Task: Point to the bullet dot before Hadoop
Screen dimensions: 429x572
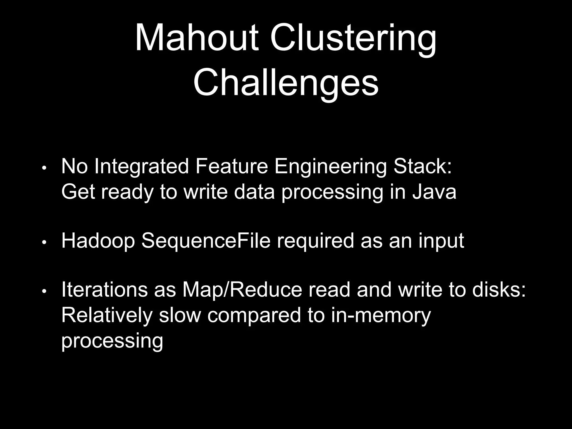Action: coord(44,242)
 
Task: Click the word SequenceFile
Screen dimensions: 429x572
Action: coord(206,241)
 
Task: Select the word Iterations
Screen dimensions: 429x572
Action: coord(104,290)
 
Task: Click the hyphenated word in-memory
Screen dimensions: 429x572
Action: coord(381,316)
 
